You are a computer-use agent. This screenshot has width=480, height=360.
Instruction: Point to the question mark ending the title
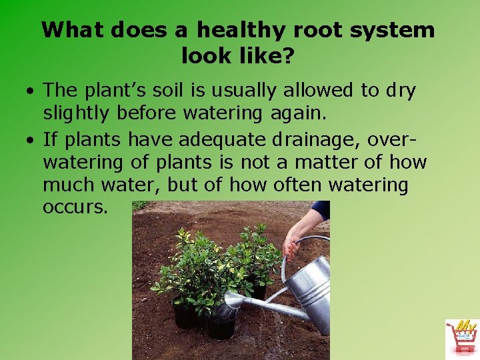287,56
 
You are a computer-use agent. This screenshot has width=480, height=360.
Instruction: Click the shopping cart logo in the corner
461,337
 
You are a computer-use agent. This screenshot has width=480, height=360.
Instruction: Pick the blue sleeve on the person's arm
321,209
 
